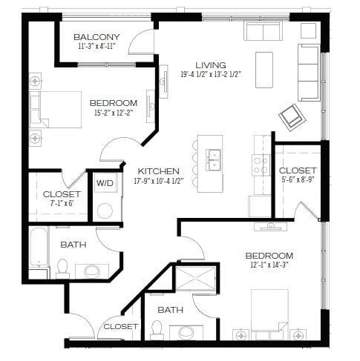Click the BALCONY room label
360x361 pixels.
click(96, 37)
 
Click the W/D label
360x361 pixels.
click(104, 182)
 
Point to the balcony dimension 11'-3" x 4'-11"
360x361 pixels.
click(97, 47)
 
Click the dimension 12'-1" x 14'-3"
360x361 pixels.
click(269, 265)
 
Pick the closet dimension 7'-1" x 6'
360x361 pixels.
click(62, 204)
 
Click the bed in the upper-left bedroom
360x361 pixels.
click(56, 110)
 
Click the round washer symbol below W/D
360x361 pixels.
click(105, 210)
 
